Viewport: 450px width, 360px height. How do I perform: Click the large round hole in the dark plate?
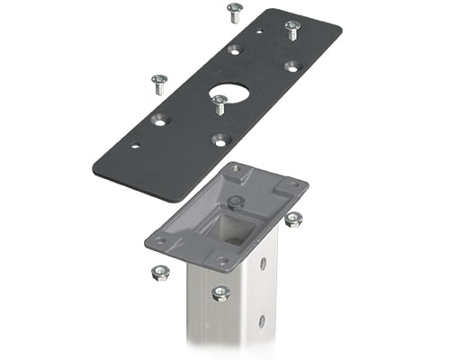point(229,93)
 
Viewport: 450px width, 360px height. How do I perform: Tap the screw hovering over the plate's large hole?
point(219,103)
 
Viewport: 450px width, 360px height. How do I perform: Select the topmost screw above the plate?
point(234,12)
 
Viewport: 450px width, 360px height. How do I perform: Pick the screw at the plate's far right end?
point(292,29)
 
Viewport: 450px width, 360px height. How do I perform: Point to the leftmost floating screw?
point(159,84)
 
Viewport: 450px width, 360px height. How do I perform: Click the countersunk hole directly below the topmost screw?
point(235,49)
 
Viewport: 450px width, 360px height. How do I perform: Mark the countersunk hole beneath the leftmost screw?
point(160,119)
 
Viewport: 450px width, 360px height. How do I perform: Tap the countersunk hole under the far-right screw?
point(292,66)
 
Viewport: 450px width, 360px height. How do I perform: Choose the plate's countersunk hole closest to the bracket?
point(220,139)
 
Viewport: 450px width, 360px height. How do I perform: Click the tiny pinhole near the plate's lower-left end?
point(135,145)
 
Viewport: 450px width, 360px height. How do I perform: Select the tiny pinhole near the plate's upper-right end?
point(259,32)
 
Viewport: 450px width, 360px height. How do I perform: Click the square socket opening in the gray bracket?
point(229,230)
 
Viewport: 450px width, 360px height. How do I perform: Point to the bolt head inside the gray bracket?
point(235,201)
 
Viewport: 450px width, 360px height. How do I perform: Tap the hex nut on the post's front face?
point(220,292)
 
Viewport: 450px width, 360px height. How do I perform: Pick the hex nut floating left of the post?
point(160,272)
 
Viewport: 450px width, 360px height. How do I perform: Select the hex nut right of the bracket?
point(293,219)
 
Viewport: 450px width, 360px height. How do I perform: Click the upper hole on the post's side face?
point(263,264)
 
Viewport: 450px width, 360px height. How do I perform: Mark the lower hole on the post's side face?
point(261,320)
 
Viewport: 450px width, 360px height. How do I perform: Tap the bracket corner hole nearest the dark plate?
point(235,169)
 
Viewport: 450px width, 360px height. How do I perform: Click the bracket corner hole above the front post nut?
point(222,261)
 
